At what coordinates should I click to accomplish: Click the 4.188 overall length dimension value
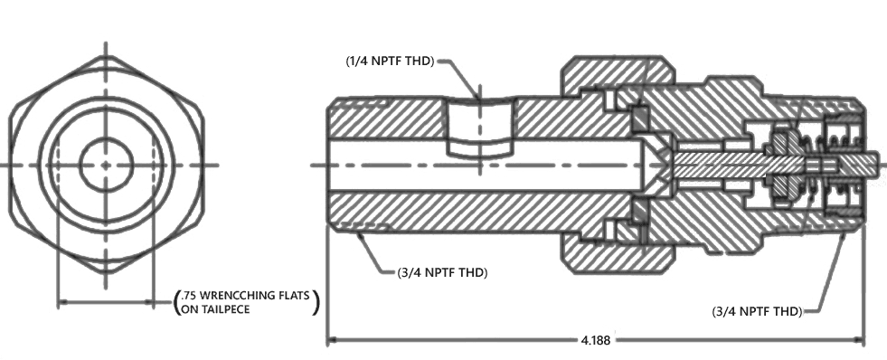click(596, 340)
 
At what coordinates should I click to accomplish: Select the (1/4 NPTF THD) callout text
click(390, 62)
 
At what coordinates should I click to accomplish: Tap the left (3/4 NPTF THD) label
click(442, 272)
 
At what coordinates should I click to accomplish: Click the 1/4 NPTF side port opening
click(480, 128)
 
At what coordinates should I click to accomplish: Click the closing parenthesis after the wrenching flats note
click(316, 302)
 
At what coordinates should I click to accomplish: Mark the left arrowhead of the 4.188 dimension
click(334, 340)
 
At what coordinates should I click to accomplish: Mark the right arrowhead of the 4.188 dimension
click(859, 340)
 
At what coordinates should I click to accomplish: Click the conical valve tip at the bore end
click(656, 165)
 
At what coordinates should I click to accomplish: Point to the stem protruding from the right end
click(874, 165)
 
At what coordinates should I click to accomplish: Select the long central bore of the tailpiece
click(486, 165)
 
